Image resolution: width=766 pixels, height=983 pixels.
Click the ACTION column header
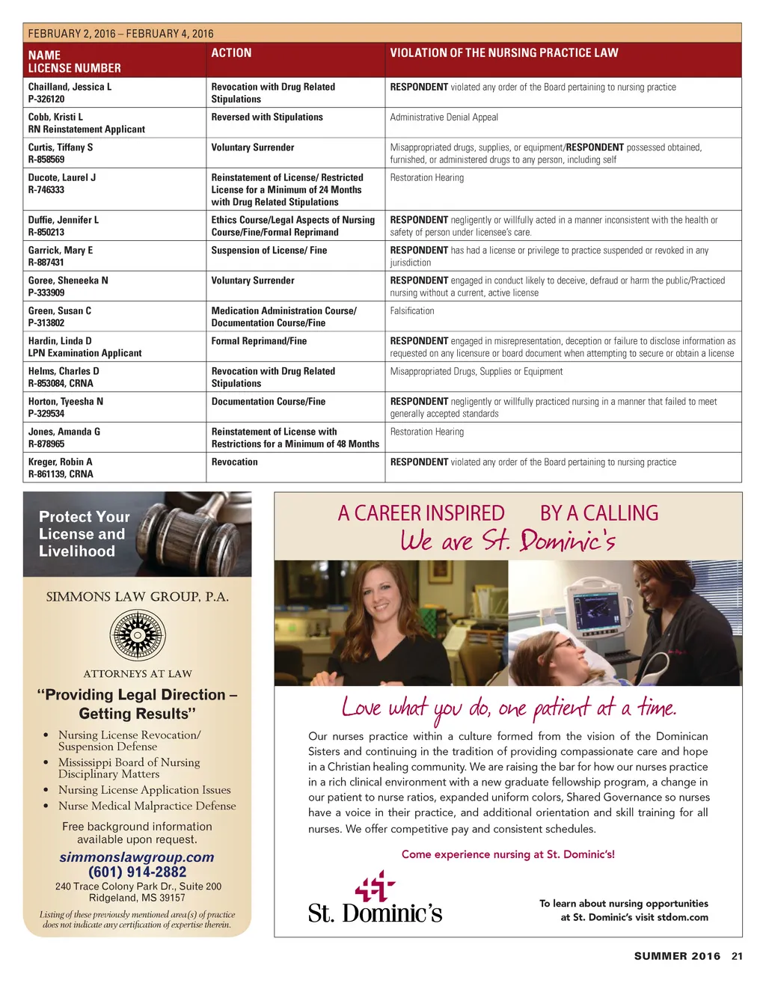(x=231, y=53)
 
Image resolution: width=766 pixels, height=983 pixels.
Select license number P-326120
(x=46, y=99)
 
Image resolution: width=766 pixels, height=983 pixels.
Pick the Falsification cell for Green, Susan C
(x=412, y=310)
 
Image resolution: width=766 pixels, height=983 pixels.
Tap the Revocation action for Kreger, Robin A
(x=234, y=462)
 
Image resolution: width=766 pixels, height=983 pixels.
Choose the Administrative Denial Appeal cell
(x=444, y=117)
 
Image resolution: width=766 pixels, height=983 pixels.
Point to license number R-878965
(x=46, y=444)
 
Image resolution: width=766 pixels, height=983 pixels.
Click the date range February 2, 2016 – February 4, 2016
(x=120, y=34)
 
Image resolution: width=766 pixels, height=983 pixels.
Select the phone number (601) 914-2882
(x=138, y=872)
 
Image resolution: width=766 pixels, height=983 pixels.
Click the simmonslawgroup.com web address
(x=137, y=857)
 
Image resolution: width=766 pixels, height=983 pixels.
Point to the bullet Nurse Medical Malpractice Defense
(x=147, y=806)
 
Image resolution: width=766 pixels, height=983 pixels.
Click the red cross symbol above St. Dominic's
(x=374, y=886)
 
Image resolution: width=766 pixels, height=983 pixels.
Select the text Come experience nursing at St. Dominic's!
(x=508, y=854)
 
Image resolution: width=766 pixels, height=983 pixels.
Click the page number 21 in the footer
(x=737, y=956)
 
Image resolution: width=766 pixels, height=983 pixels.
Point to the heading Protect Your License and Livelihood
(x=84, y=534)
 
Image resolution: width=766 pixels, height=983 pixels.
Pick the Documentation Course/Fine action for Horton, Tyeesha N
(x=269, y=402)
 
